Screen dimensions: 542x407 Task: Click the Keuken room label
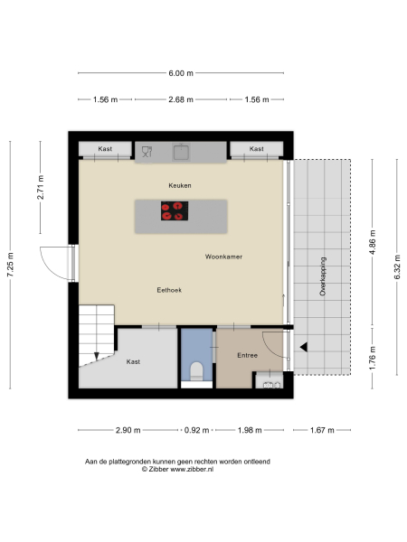(180, 185)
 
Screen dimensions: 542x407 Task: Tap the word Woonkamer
(223, 257)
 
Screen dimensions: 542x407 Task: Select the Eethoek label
(169, 290)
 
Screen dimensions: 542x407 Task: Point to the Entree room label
(248, 355)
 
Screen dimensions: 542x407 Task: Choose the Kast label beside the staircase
(133, 361)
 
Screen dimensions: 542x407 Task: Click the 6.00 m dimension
(180, 73)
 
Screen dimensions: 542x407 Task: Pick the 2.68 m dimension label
(181, 99)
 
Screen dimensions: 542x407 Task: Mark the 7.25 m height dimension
(11, 265)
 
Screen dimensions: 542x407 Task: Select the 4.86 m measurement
(372, 245)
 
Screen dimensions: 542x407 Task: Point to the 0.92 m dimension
(196, 430)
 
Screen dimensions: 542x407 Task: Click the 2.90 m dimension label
(128, 430)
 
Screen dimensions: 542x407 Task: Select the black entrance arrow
(305, 347)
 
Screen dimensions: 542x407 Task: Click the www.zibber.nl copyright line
(177, 469)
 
